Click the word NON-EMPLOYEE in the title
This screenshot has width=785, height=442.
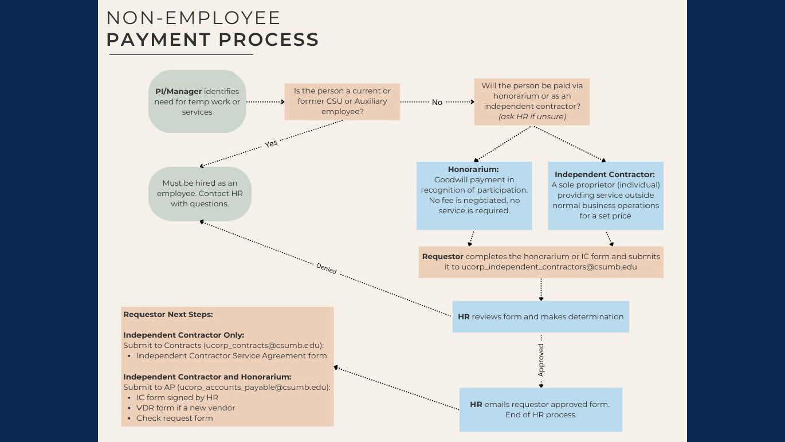tap(193, 18)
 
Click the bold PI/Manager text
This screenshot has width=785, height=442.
tap(178, 91)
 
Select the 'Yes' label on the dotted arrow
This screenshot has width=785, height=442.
tap(271, 144)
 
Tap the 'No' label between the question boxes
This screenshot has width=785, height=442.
tap(437, 102)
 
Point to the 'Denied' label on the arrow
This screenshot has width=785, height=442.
tap(327, 268)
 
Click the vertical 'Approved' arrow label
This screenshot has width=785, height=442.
tap(541, 360)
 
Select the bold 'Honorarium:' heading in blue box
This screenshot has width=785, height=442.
tap(473, 169)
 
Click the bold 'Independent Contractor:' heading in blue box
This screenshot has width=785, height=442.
tap(605, 174)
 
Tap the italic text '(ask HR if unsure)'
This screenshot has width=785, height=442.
tap(532, 116)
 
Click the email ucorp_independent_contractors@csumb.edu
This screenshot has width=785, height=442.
tap(549, 267)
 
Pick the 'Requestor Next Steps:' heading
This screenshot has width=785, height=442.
tap(168, 314)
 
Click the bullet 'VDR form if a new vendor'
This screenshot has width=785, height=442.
tap(186, 408)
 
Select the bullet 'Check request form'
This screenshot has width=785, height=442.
tap(174, 418)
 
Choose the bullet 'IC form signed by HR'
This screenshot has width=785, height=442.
tap(177, 397)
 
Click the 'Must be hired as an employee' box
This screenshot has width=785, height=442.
tap(199, 194)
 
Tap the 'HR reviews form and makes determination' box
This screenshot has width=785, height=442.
tap(540, 316)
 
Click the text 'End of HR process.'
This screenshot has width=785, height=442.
tap(540, 414)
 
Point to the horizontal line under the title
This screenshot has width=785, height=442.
tap(181, 55)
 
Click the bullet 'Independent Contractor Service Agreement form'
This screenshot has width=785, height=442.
tap(231, 355)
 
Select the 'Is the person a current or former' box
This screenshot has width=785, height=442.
tap(342, 101)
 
